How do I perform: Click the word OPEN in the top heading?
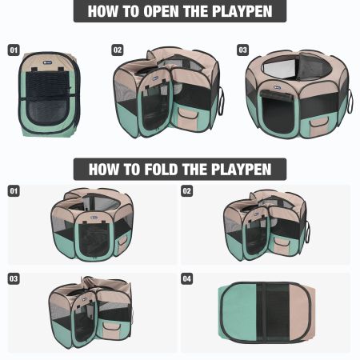pyautogui.click(x=162, y=11)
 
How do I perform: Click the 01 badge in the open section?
pyautogui.click(x=14, y=50)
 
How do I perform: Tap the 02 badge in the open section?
pyautogui.click(x=118, y=50)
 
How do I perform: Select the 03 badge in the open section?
pyautogui.click(x=242, y=50)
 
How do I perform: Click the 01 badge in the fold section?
pyautogui.click(x=14, y=191)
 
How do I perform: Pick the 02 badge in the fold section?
pyautogui.click(x=186, y=191)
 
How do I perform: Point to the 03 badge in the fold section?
pyautogui.click(x=14, y=279)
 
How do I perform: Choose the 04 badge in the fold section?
pyautogui.click(x=186, y=279)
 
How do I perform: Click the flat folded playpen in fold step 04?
pyautogui.click(x=266, y=313)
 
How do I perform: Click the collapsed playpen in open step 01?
pyautogui.click(x=50, y=94)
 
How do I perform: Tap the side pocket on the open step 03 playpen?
pyautogui.click(x=319, y=122)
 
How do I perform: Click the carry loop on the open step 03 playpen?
pyautogui.click(x=350, y=101)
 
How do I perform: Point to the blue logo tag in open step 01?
pyautogui.click(x=48, y=62)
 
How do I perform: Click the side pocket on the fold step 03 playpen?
pyautogui.click(x=112, y=327)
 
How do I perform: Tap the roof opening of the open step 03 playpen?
pyautogui.click(x=297, y=68)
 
